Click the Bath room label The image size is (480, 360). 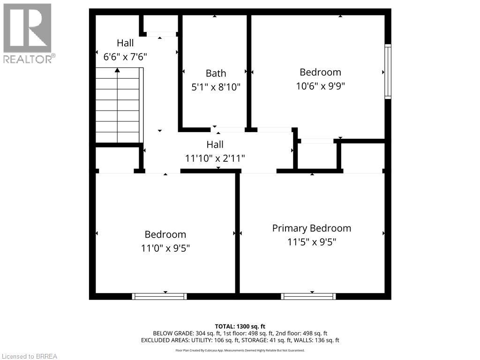click(x=216, y=73)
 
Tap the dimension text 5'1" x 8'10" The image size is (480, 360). click(x=216, y=87)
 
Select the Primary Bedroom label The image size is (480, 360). click(x=312, y=228)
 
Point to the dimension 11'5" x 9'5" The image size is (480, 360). click(x=312, y=242)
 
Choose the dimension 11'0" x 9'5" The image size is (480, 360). click(x=165, y=248)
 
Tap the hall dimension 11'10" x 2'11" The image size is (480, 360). click(x=215, y=158)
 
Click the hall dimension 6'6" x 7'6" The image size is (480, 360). click(x=125, y=57)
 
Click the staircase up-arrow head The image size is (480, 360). click(x=117, y=70)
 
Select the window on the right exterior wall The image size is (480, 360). click(x=388, y=71)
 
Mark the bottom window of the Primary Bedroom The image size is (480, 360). click(x=308, y=296)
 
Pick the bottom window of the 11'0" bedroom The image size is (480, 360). click(x=159, y=296)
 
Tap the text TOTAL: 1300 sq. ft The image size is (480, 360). click(x=240, y=326)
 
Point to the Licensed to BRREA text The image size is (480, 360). click(x=29, y=356)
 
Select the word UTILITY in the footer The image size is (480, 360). click(x=208, y=340)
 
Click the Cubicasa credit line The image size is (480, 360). click(x=240, y=350)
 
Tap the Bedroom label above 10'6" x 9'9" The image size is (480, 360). click(x=320, y=72)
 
